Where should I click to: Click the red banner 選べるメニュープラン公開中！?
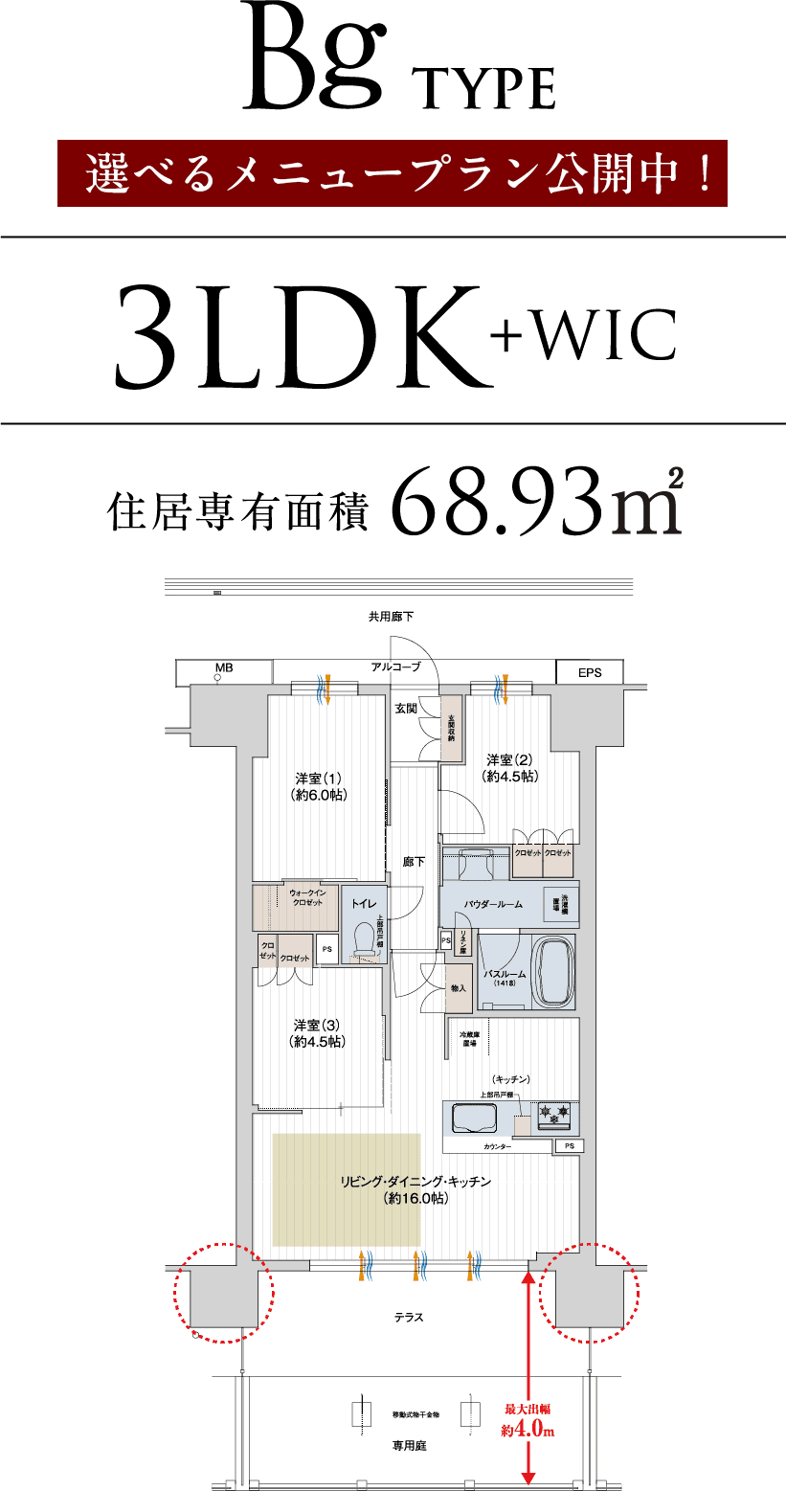pos(393,173)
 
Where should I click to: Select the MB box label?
pos(224,669)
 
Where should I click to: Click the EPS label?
pos(589,672)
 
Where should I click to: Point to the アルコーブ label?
pos(395,666)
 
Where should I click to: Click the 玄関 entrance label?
pos(405,709)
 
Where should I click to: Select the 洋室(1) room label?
pos(319,786)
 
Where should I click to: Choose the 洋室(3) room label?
pos(319,1032)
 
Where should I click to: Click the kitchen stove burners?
pos(554,1113)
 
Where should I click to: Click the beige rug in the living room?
pos(346,1188)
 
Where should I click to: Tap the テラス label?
pos(409,1318)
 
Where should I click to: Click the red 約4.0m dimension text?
pos(528,1431)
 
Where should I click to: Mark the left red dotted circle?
pos(223,1293)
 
